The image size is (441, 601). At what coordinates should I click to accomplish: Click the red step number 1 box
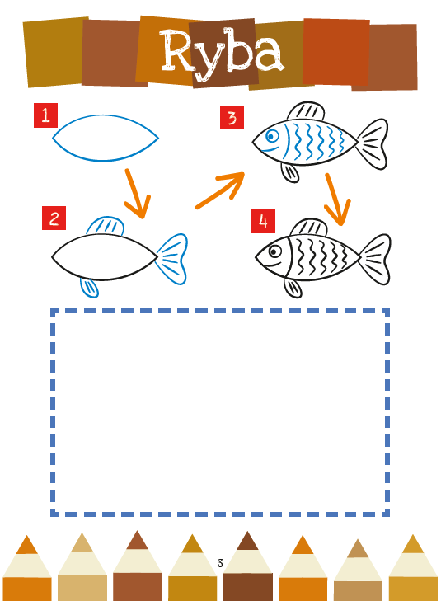[45, 115]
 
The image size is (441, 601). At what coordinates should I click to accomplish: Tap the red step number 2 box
[54, 218]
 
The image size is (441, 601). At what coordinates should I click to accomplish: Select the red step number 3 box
[232, 117]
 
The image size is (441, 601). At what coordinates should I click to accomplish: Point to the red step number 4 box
[263, 221]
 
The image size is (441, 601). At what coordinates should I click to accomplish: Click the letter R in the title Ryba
[178, 50]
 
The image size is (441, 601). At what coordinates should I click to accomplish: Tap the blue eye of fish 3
[272, 136]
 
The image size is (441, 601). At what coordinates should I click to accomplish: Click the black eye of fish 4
[274, 251]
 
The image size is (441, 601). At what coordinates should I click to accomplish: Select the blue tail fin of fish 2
[172, 259]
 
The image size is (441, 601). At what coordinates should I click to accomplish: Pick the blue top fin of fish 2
[106, 225]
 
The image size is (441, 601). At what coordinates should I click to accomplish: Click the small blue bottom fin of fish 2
[90, 288]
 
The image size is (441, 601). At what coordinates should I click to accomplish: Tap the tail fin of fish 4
[375, 259]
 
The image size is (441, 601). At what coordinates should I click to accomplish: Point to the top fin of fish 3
[307, 110]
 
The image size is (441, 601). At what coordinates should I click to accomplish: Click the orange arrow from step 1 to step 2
[138, 194]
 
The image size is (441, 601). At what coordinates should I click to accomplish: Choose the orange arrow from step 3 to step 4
[338, 200]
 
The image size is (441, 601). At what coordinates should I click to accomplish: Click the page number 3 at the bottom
[220, 563]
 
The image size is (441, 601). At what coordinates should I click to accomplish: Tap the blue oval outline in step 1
[106, 115]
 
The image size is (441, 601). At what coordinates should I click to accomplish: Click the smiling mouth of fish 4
[274, 265]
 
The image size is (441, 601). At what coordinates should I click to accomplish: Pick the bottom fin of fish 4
[293, 288]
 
